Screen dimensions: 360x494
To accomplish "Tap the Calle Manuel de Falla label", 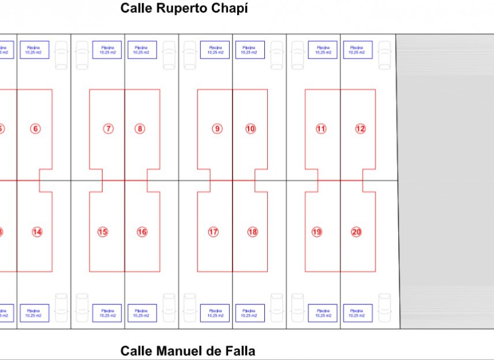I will [188, 351].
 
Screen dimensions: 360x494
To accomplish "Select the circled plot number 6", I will [36, 129].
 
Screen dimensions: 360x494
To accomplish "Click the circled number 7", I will [108, 129].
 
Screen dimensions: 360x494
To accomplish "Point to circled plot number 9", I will [217, 129].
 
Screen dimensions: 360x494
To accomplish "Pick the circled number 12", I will [360, 129].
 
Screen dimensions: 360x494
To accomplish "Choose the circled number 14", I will [37, 232].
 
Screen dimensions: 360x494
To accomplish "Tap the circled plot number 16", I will [142, 232].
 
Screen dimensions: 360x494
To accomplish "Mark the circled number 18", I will [252, 232].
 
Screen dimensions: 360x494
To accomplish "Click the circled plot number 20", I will [357, 232].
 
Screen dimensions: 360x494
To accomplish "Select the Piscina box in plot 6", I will [35, 50].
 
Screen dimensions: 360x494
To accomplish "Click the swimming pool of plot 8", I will [141, 50].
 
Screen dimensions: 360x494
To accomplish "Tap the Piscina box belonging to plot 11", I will [322, 50].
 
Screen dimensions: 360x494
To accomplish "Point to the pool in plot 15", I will [107, 313].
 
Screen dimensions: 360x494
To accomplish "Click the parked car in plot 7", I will [83, 55].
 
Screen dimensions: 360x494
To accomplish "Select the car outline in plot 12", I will [384, 55].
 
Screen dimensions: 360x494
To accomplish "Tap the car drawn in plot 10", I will [276, 55].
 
